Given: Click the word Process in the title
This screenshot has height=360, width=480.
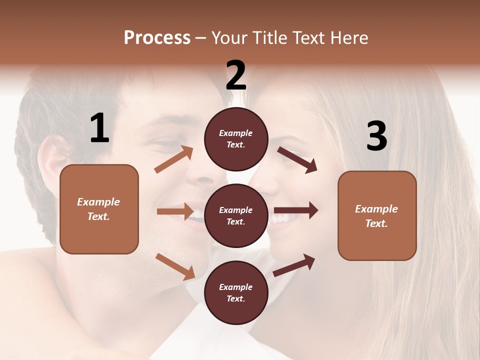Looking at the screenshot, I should coord(157,38).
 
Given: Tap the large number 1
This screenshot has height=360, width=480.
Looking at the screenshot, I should coord(99,128).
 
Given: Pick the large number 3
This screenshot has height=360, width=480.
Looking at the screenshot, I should coord(376,136).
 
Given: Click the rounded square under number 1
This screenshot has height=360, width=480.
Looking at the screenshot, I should coord(99,209).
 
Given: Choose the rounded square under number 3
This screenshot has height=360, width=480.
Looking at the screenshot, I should coord(377,215).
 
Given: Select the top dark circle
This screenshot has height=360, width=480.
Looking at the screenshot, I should coord(236,138).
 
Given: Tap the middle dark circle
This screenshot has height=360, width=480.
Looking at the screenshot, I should coord(236,215).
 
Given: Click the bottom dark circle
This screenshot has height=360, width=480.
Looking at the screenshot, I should coord(236,292).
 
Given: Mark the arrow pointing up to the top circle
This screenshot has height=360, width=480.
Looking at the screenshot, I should coord(174,159).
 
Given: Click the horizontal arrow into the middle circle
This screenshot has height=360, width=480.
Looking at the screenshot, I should coord(175,211).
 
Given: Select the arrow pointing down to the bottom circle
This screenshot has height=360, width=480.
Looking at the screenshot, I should coord(175,266).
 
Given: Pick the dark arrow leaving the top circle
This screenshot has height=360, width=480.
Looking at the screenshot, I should coord(297,160).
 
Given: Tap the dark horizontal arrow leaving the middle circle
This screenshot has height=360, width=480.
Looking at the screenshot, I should coord(296,210).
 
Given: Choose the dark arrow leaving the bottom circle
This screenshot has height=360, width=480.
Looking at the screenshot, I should coord(294,265).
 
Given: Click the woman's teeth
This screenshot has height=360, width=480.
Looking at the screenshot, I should coord(281,218).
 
